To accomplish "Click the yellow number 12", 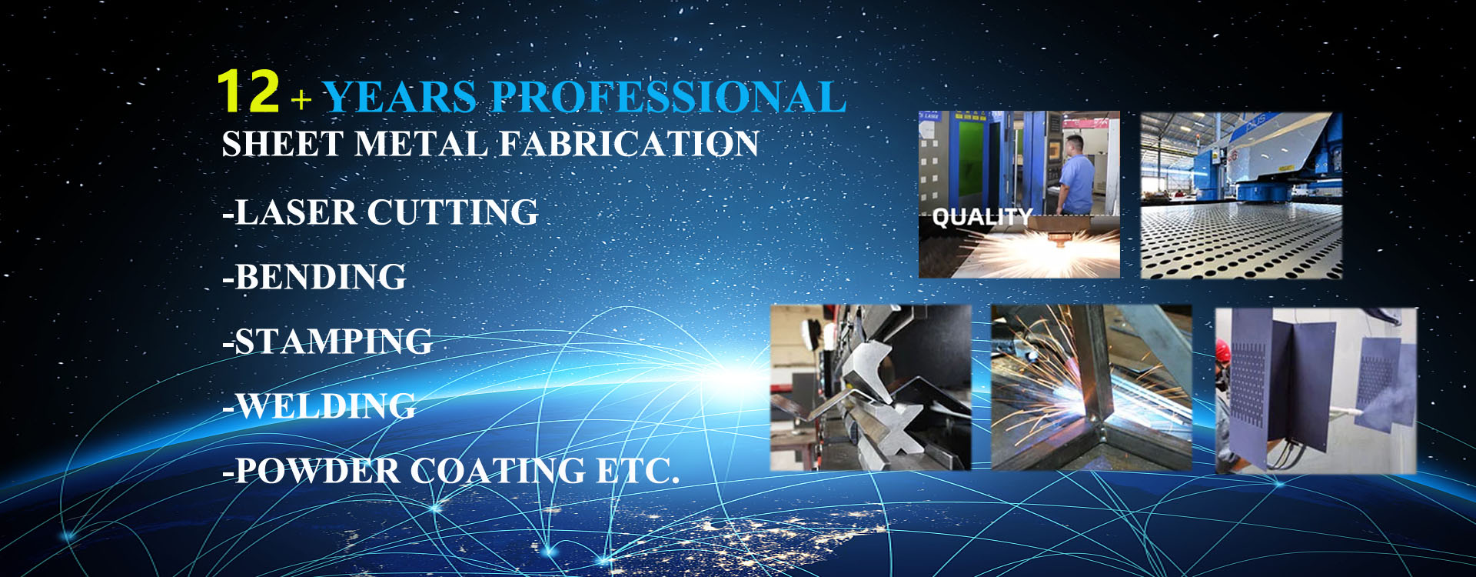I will [x=248, y=92].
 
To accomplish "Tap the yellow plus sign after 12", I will [x=301, y=100].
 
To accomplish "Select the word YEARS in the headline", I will [x=401, y=98].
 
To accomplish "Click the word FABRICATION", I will [x=629, y=145].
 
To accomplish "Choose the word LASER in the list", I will [x=295, y=212].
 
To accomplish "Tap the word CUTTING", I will [x=452, y=212].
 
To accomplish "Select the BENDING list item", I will [x=314, y=277].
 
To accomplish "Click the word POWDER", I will [x=316, y=471].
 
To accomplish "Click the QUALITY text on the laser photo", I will [x=981, y=218].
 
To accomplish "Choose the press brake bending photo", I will [x=870, y=387].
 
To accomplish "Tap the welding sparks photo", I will [x=1091, y=387].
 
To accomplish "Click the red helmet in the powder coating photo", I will [x=1223, y=351].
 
